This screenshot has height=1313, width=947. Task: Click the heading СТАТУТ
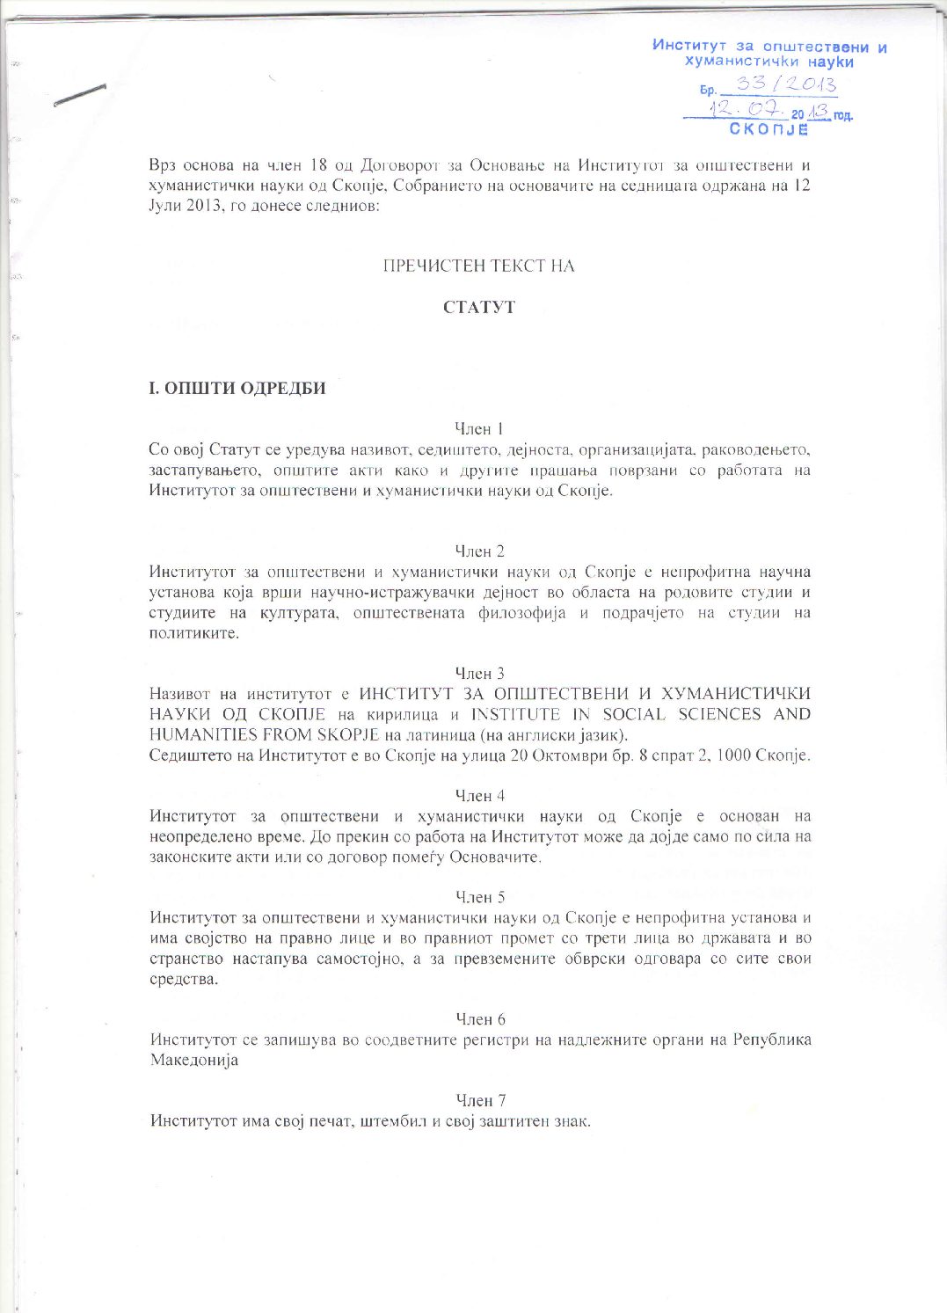tap(479, 308)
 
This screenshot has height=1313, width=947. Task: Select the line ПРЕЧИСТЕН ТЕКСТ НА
tap(478, 266)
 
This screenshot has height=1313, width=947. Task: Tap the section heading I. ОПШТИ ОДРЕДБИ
tap(237, 388)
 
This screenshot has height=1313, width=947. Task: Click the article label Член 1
tap(479, 429)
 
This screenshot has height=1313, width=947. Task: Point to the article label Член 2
tap(479, 551)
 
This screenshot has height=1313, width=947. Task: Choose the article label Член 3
tap(479, 674)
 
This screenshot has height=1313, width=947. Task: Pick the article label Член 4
tap(479, 796)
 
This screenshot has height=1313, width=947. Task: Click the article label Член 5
tap(479, 897)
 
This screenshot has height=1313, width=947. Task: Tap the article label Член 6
tap(480, 1019)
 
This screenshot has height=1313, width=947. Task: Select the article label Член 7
tap(480, 1100)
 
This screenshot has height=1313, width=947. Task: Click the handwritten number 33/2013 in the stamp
tap(785, 84)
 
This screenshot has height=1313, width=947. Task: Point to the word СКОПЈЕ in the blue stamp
tap(769, 129)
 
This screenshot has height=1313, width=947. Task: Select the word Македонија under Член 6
tap(194, 1061)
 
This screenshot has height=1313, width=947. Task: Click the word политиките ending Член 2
tap(194, 633)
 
